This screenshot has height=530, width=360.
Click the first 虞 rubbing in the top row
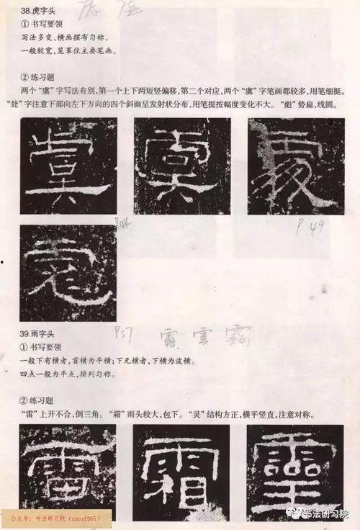tap(68, 166)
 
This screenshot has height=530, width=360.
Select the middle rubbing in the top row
tap(181, 166)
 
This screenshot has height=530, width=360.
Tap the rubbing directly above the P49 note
tap(295, 166)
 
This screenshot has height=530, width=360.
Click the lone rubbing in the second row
tap(68, 272)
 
